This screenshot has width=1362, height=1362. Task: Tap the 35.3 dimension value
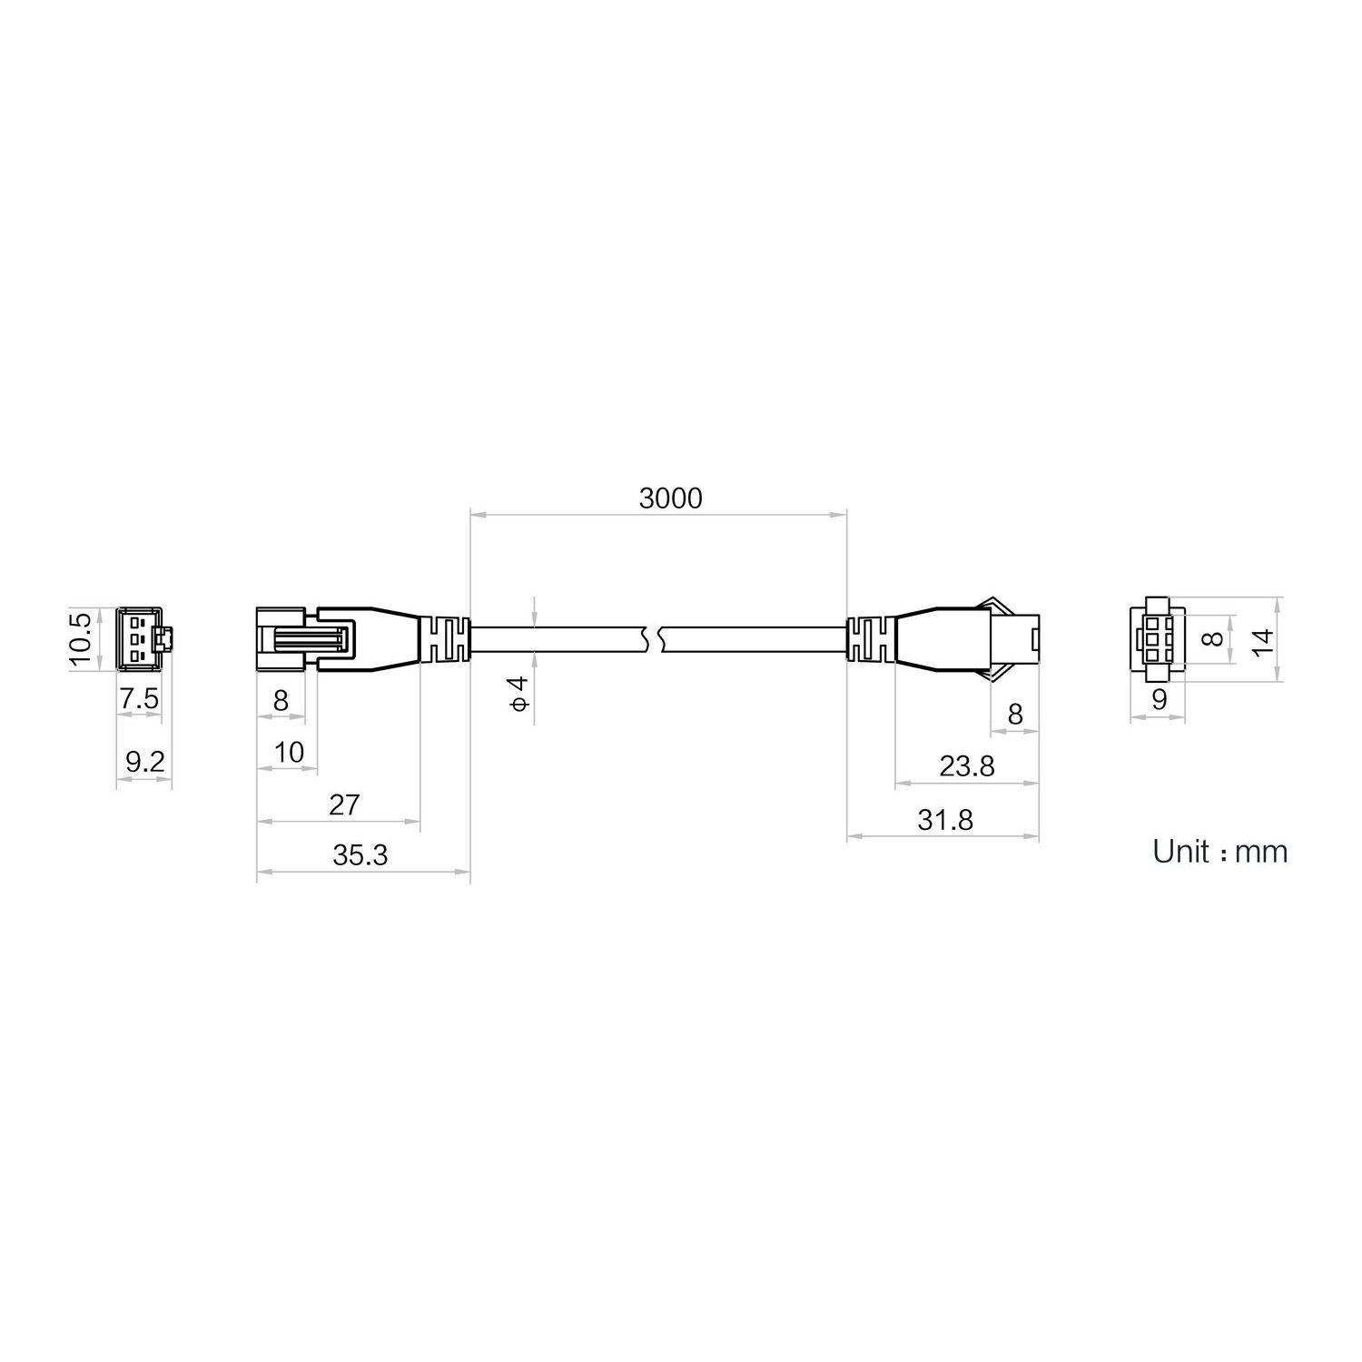(360, 855)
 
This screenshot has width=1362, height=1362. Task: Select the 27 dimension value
(344, 804)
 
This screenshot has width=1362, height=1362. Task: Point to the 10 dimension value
(288, 752)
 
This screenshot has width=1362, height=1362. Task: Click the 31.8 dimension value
(944, 820)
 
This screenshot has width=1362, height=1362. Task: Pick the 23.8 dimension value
(966, 767)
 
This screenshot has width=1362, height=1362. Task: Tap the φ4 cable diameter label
(518, 693)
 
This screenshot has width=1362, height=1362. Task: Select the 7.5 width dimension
(140, 698)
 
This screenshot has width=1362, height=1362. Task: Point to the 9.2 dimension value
(144, 761)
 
